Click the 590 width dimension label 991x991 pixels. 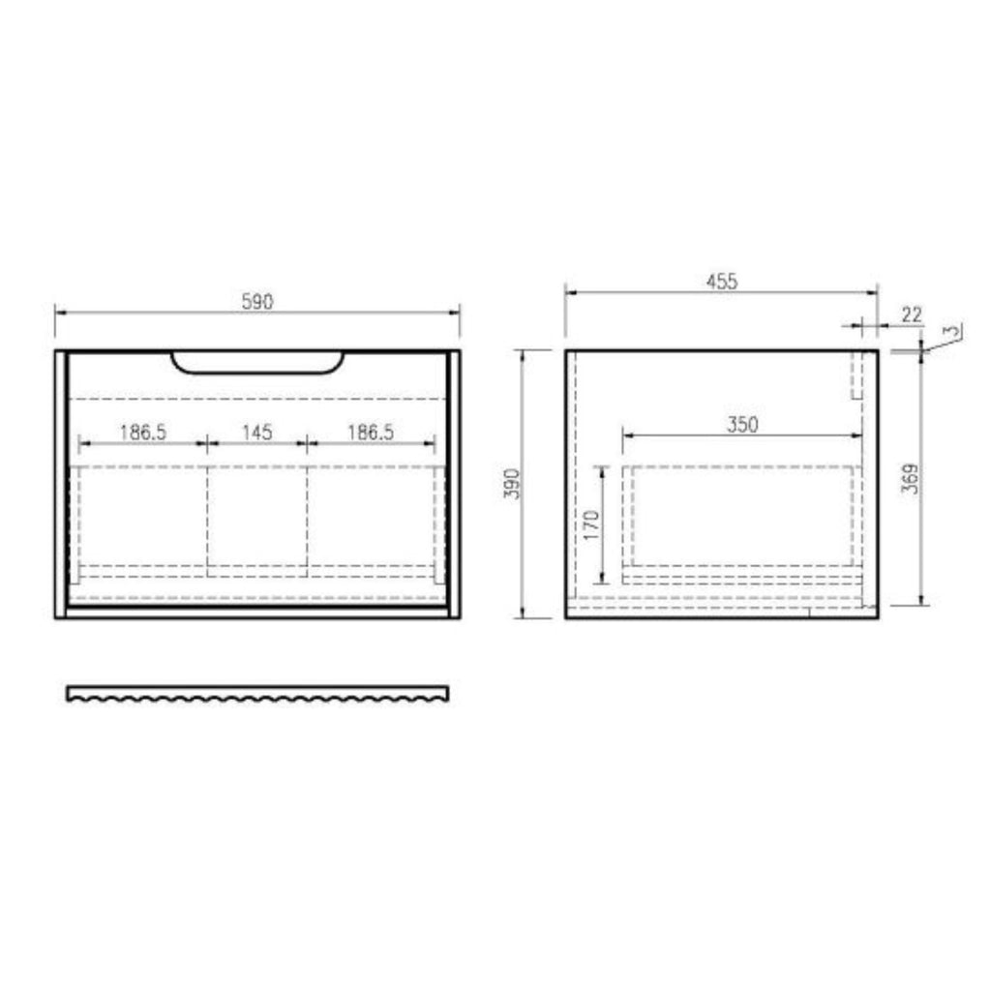coord(257,302)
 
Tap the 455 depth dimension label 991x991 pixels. coord(721,282)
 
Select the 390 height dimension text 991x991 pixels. coord(512,484)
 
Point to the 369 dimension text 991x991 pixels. coord(910,478)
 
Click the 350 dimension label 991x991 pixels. coord(742,424)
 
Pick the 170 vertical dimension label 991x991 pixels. coord(591,525)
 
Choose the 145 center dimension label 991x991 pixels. coord(257,433)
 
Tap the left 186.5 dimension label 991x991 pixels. coord(143,433)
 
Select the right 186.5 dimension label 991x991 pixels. coord(371,433)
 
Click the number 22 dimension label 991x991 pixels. coord(912,315)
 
